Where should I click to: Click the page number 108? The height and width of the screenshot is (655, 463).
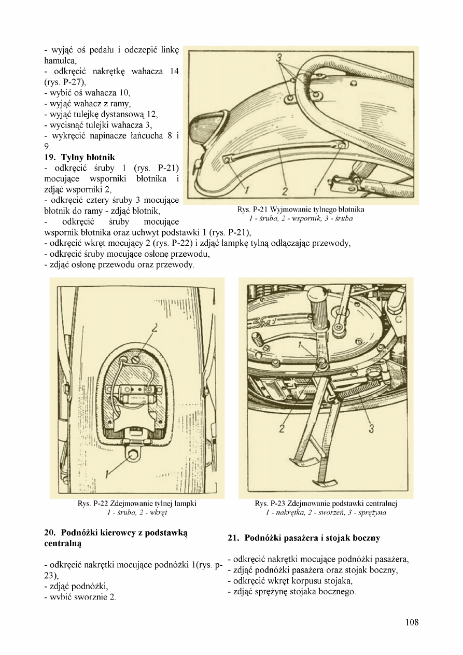[412, 622]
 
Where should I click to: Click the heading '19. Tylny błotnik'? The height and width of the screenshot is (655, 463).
[80, 157]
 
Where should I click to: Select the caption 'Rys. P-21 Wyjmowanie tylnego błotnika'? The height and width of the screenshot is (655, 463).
[301, 210]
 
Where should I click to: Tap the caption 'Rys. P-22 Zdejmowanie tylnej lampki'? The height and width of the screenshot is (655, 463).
[137, 504]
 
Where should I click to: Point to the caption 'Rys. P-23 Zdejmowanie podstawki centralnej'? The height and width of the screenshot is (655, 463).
[326, 504]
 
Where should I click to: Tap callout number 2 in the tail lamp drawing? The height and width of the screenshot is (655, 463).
[155, 327]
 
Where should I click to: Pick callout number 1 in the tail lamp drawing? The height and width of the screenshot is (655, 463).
[107, 473]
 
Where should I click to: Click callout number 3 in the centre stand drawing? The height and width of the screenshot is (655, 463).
[371, 428]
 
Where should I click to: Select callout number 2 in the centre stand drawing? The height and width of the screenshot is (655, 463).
[282, 428]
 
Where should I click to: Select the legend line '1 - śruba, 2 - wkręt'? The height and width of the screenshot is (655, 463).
[137, 513]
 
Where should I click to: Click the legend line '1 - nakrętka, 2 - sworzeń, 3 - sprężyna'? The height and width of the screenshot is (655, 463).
[326, 513]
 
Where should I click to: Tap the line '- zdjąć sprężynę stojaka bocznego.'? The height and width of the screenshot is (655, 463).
[291, 592]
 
